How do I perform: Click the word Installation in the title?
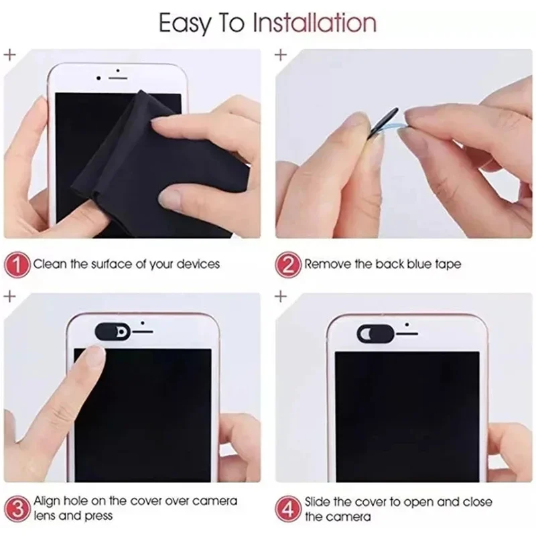[314, 23]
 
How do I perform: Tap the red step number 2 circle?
[289, 264]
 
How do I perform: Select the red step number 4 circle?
[289, 509]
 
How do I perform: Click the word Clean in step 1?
[50, 264]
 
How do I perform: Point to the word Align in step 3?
[48, 501]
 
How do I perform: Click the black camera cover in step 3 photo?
[112, 331]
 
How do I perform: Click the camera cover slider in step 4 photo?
[373, 332]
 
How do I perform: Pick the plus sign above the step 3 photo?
[10, 295]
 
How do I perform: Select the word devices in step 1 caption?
[198, 264]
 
